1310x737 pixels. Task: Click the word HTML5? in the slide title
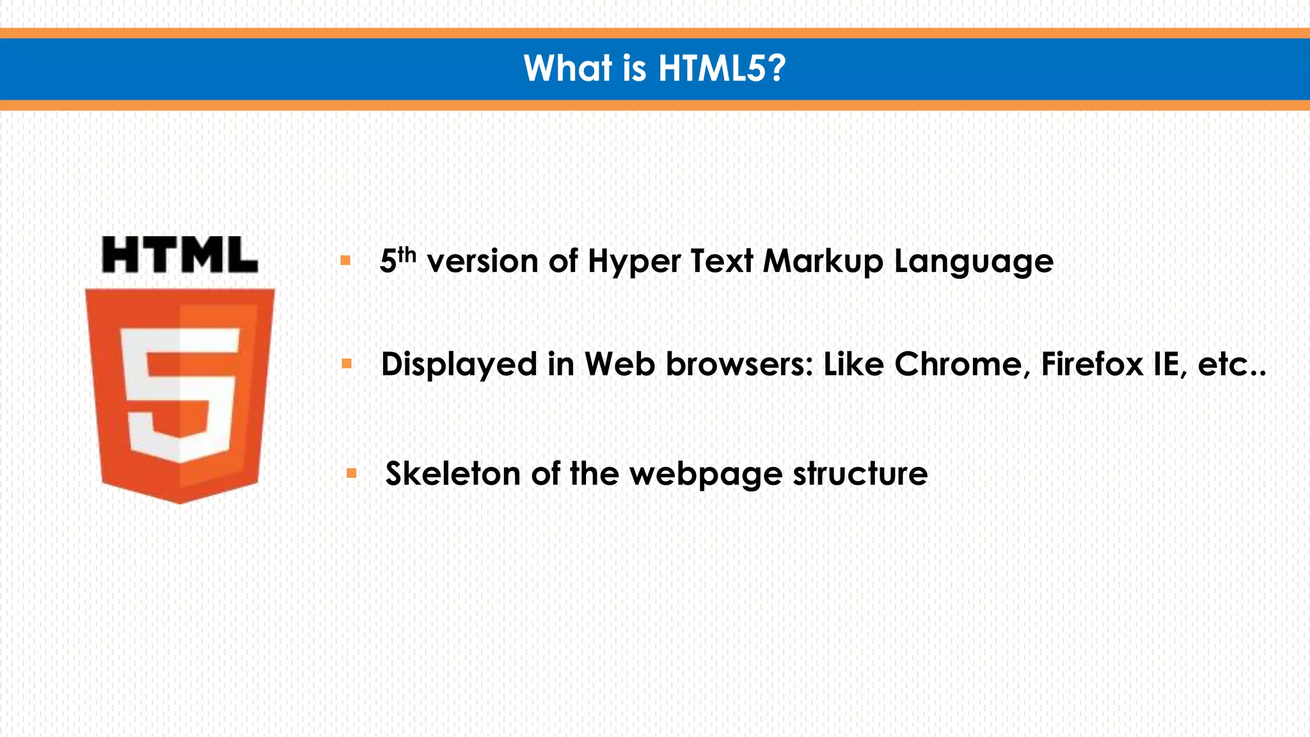coord(722,68)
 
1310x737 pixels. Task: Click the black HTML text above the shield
coord(180,255)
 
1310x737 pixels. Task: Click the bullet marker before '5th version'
coord(345,260)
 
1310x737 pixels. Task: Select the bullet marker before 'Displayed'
coord(347,364)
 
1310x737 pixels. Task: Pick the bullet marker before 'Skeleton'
coord(351,473)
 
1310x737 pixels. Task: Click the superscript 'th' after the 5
coord(407,255)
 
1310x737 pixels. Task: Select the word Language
coord(973,262)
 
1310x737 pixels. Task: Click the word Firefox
coord(1092,365)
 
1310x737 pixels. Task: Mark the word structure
coord(860,474)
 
